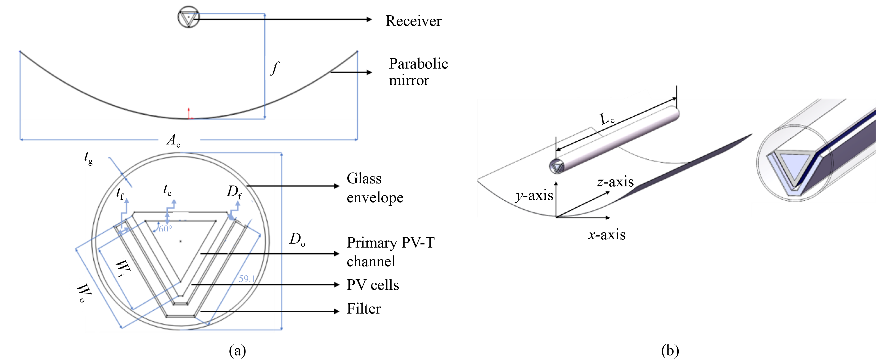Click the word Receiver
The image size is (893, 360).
(413, 21)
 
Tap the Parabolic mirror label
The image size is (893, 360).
(418, 72)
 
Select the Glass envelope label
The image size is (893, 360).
(375, 188)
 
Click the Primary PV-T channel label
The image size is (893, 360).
(390, 252)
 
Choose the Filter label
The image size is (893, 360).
(364, 309)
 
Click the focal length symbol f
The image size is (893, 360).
(274, 68)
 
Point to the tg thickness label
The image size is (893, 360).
(88, 158)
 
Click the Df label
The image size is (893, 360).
(234, 191)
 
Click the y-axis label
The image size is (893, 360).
(534, 196)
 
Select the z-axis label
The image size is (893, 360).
(615, 182)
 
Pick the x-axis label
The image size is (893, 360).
(607, 235)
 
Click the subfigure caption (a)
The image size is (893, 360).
(238, 351)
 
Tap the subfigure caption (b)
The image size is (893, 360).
(670, 351)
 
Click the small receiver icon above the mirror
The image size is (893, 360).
(189, 17)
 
